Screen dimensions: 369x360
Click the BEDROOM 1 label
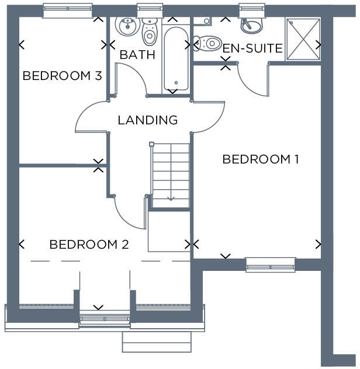click(260, 159)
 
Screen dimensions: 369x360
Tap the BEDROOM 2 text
click(89, 245)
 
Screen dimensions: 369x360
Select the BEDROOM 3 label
click(63, 76)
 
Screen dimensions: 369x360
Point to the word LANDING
click(147, 120)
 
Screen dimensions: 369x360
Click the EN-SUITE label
click(252, 48)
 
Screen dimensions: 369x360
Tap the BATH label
click(137, 55)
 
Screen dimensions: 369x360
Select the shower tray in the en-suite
click(303, 39)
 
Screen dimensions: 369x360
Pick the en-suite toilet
click(205, 43)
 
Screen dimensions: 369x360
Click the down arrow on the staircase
click(171, 197)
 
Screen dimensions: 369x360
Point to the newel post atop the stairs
click(151, 144)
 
